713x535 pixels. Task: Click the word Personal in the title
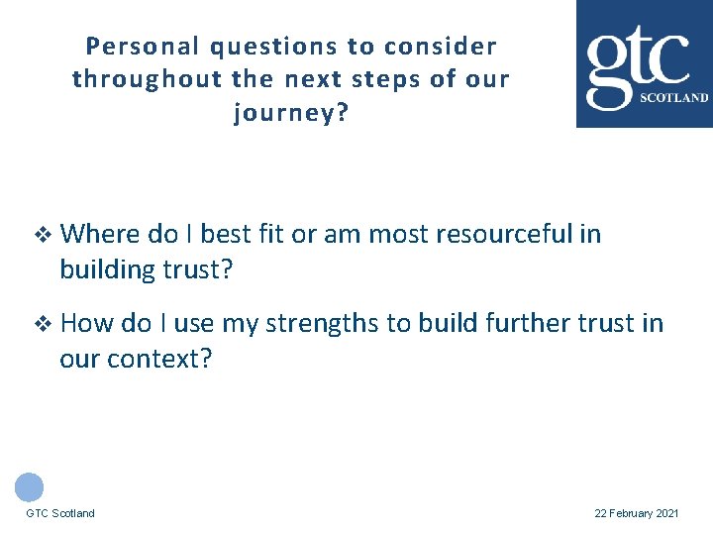128,47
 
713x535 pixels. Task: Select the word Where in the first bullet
100,235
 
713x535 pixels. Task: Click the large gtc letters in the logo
639,60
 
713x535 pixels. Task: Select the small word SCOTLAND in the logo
674,98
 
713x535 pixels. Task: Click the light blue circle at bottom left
30,486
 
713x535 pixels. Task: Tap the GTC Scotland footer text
60,513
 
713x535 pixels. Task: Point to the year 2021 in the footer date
667,513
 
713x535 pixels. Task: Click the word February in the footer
631,513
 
